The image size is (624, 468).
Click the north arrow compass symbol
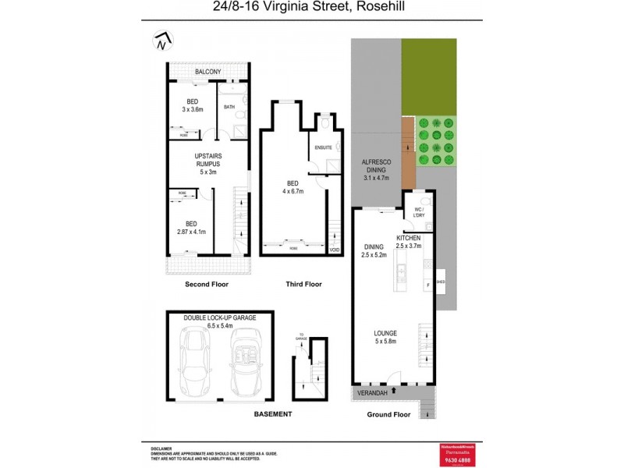(162, 41)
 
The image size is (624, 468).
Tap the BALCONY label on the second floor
(207, 73)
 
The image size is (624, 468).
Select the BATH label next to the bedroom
(229, 107)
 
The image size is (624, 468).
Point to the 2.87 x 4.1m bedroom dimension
(190, 231)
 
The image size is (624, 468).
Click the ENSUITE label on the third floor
(324, 147)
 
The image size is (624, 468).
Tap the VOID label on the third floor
(335, 250)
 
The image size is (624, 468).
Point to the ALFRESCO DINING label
(375, 166)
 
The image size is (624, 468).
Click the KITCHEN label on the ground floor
(409, 237)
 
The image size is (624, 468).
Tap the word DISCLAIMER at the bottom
(162, 448)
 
